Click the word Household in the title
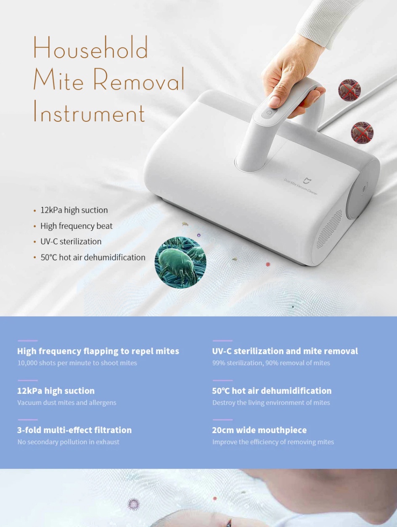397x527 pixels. [90, 48]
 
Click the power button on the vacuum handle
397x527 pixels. [270, 112]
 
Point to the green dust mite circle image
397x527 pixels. [180, 262]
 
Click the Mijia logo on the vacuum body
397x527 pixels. [306, 181]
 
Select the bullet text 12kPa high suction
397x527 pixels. [74, 210]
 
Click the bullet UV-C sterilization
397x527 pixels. [71, 241]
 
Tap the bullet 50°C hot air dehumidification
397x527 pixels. [93, 257]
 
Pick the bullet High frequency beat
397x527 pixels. [76, 226]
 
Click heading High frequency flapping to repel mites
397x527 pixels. [98, 351]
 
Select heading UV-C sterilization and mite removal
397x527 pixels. [285, 351]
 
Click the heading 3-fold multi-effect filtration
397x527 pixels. [74, 430]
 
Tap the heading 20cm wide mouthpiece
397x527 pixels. [259, 430]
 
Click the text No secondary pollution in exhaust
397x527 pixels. [68, 442]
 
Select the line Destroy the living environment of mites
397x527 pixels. [271, 402]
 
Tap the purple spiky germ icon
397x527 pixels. [133, 504]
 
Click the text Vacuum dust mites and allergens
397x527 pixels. [67, 402]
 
